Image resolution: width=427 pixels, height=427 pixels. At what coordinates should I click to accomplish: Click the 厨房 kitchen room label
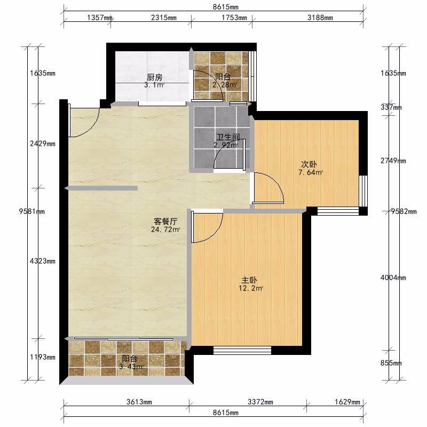pos(154,77)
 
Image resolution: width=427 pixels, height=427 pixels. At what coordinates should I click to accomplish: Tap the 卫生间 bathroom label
pos(228,137)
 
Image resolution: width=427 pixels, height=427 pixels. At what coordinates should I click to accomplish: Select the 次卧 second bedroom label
pos(309,164)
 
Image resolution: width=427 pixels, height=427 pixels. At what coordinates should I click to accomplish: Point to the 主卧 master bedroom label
pos(249,280)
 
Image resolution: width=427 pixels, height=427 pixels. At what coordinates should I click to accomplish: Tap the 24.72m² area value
pos(165,230)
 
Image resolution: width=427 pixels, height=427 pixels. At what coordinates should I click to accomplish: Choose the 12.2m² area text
pos(251,288)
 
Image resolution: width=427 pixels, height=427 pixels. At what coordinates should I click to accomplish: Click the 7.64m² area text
pos(311,172)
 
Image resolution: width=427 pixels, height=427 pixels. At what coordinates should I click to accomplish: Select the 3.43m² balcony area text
pos(131,367)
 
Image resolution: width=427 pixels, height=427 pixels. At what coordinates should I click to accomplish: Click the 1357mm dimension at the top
pos(100,18)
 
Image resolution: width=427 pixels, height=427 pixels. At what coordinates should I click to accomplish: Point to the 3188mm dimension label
pos(320,18)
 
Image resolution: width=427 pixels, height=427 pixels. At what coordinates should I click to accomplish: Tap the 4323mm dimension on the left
pos(43,261)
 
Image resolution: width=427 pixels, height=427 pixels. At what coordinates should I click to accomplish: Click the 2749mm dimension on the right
pos(393,161)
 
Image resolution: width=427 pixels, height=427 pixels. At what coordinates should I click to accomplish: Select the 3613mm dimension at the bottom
pos(139,402)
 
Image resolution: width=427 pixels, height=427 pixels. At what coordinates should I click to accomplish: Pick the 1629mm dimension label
pos(347,402)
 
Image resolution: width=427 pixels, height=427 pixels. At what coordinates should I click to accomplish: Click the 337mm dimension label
pos(391,108)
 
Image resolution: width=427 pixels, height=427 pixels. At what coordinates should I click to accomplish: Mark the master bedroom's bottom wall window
pos(242,350)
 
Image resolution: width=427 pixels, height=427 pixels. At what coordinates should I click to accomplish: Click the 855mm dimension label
pos(391,363)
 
